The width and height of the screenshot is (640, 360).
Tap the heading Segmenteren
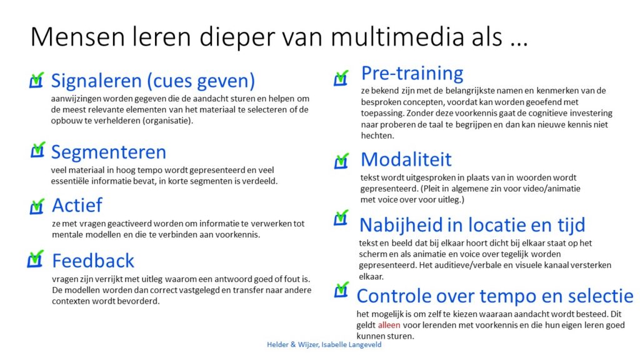click(109, 152)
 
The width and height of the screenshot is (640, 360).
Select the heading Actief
click(77, 205)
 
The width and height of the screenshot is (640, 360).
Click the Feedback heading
click(93, 261)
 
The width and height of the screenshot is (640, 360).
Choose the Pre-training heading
click(412, 74)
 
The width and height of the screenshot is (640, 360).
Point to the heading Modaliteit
click(406, 159)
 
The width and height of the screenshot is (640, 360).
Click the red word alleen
click(389, 325)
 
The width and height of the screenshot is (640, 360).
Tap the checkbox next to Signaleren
click(36, 81)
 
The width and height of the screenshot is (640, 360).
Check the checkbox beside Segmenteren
click(37, 150)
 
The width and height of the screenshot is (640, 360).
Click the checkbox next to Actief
click(37, 206)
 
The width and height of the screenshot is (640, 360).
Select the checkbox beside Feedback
click(35, 259)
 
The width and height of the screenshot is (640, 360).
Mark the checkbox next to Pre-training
click(341, 78)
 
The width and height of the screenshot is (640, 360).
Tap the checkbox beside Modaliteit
click(341, 161)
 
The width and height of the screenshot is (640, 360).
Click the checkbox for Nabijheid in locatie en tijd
click(341, 217)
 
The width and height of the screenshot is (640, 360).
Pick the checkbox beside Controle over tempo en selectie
click(341, 290)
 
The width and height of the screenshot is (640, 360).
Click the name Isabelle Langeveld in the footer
click(351, 345)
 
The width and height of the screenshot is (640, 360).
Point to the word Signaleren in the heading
click(96, 81)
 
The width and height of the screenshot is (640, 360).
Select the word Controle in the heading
click(394, 296)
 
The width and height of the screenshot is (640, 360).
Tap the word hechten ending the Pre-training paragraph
click(377, 136)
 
